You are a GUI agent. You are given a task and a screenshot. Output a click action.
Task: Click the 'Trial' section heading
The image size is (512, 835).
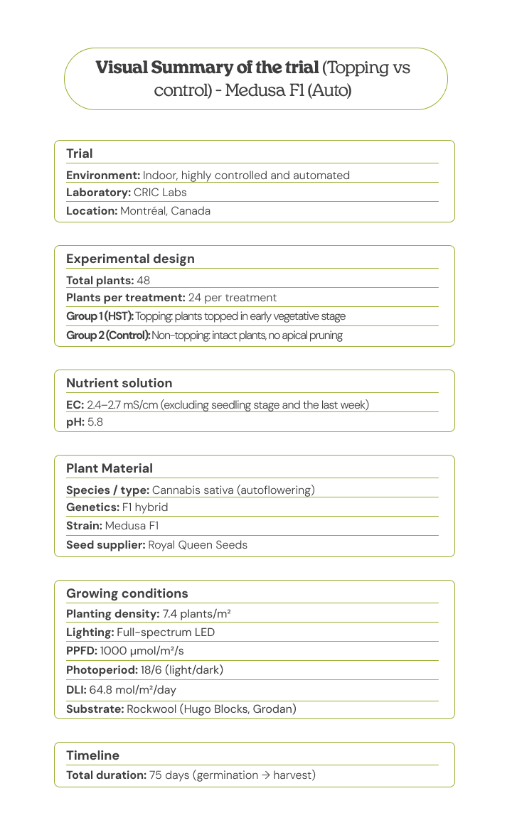[80, 153]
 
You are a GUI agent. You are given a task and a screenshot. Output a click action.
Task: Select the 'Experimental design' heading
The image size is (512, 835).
[130, 259]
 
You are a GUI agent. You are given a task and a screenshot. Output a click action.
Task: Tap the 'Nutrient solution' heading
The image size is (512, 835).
[119, 383]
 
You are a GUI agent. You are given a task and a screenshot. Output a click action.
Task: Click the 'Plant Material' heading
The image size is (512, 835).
[110, 468]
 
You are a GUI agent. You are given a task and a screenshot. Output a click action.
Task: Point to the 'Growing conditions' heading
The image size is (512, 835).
[127, 593]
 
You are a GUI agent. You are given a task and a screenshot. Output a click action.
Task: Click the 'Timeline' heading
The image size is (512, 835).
[92, 755]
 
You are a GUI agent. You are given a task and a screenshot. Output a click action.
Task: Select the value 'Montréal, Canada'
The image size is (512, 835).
[165, 211]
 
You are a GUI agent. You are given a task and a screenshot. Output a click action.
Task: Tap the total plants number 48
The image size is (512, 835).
[143, 281]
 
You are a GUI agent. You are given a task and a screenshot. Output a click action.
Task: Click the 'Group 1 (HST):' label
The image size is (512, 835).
[100, 316]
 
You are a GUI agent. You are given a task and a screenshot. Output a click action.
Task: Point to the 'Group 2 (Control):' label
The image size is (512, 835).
[108, 335]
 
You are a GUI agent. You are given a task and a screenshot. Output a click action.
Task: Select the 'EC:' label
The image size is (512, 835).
[75, 405]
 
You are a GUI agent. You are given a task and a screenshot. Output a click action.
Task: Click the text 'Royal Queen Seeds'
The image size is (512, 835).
[198, 545]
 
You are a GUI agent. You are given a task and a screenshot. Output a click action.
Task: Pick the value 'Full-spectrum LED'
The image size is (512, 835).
[166, 632]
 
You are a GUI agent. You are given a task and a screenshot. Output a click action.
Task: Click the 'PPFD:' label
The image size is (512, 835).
[82, 651]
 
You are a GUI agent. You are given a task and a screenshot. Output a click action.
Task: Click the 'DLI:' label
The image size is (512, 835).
[76, 689]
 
